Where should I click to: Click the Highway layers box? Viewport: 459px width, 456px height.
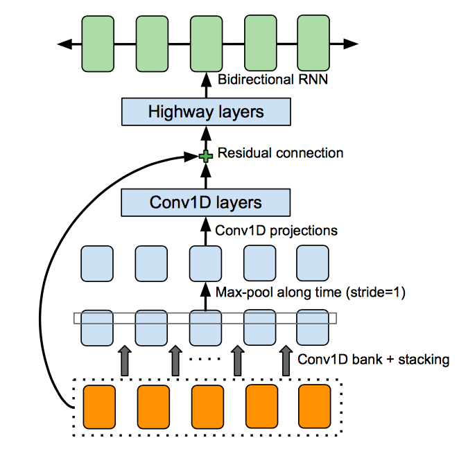[x=205, y=112]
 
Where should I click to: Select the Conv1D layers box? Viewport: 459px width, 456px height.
[x=205, y=202]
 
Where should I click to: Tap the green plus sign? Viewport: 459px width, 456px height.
[x=205, y=157]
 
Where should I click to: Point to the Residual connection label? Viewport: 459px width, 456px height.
[x=280, y=152]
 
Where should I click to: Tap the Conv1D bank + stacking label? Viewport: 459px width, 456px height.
[x=373, y=360]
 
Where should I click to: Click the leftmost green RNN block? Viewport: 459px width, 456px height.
[x=98, y=44]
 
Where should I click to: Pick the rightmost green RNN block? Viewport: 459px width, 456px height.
[x=313, y=44]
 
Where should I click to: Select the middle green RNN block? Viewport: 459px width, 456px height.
[x=205, y=44]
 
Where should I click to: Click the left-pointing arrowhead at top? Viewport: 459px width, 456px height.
[x=64, y=44]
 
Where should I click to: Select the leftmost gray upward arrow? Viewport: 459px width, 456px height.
[x=125, y=361]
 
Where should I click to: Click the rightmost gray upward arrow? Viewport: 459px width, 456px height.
[x=285, y=361]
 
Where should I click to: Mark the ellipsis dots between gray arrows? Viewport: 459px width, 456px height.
[x=206, y=359]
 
